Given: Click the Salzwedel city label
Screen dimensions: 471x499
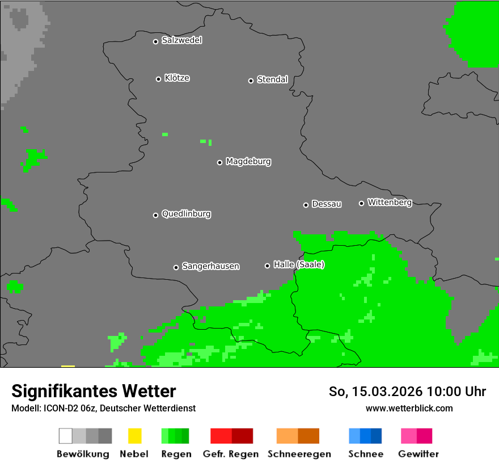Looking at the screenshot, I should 181,40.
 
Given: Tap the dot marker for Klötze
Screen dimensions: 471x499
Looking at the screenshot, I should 158,79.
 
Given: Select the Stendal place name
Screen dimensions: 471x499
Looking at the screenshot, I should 272,79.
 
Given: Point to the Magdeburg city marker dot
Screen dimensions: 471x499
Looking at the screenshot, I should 219,162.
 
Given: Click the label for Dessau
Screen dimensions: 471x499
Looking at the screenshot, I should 327,204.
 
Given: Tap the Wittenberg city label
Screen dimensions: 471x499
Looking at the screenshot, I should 390,202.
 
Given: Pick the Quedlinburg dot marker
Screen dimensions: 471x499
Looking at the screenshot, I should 155,215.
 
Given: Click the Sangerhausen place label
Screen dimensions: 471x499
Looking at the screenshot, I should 210,266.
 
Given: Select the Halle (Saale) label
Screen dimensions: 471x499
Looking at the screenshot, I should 299,264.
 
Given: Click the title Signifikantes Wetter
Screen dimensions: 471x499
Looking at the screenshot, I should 94,391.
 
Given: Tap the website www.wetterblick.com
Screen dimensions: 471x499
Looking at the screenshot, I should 409,408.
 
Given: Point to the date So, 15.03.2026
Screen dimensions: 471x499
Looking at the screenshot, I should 375,392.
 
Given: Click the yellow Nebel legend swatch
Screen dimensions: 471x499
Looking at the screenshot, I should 134,436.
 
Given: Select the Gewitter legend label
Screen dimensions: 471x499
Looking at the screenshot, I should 418,454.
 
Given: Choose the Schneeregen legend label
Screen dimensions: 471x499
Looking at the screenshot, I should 299,454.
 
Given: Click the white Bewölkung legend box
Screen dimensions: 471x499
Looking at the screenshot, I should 66,436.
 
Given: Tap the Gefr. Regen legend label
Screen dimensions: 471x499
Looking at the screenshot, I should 230,454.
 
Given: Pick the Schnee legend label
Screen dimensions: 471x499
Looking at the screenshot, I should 366,454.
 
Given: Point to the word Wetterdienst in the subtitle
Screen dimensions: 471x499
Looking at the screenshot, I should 168,408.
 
